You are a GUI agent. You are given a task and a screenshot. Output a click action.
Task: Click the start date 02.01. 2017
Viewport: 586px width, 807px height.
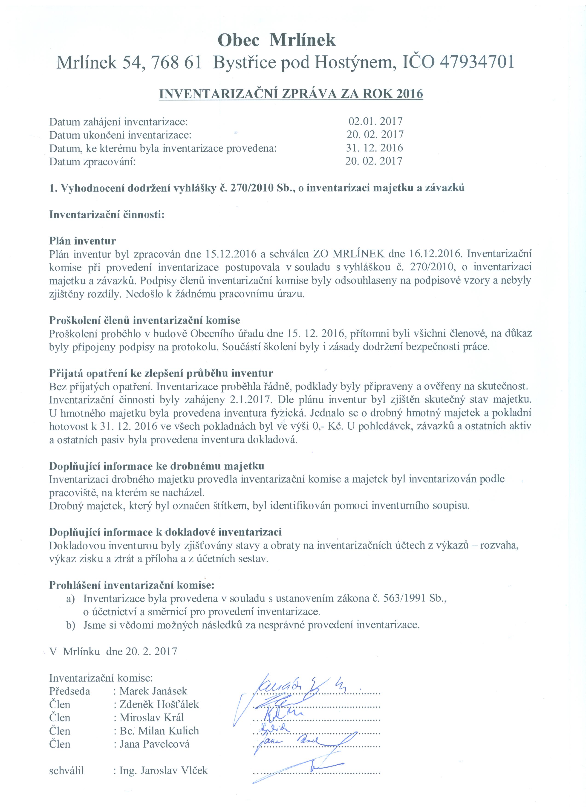coord(375,121)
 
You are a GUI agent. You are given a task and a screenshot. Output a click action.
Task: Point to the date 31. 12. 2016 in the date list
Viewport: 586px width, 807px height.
coord(374,148)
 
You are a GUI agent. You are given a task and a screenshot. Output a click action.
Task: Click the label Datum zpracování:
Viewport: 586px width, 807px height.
coord(92,162)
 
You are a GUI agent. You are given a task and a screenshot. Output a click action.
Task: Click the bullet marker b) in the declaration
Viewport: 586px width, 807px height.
coord(70,625)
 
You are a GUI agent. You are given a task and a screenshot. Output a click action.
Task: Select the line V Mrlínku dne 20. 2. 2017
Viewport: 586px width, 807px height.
coord(113,651)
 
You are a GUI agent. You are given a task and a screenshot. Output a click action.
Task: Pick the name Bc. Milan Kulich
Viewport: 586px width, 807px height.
coord(159,731)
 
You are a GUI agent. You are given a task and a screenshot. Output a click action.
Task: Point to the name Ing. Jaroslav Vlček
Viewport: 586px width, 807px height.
coord(163,770)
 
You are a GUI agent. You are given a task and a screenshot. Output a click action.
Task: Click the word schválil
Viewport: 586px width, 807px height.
coord(66,770)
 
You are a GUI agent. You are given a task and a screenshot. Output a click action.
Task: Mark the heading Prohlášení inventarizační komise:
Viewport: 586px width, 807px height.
coord(132,585)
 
